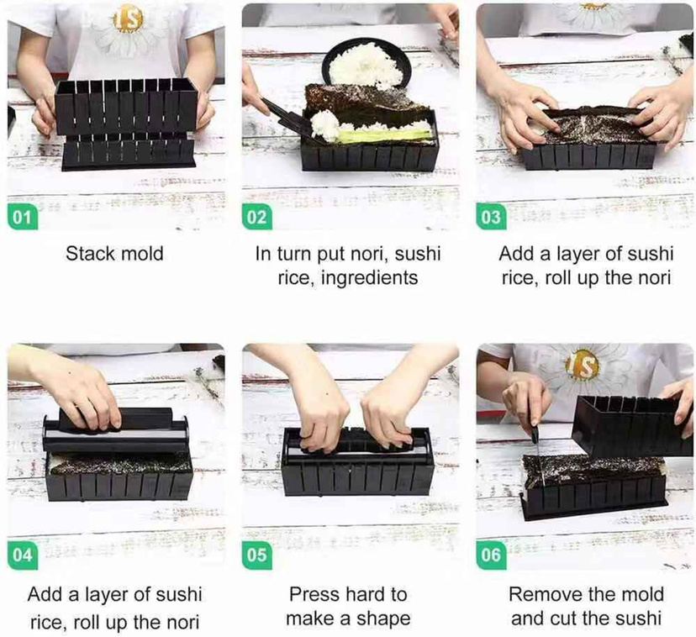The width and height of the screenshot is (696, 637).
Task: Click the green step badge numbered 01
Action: click(x=23, y=218)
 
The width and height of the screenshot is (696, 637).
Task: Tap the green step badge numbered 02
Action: click(x=257, y=218)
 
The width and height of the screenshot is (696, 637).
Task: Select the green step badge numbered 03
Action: click(x=491, y=218)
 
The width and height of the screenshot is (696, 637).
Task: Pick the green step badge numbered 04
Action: click(x=23, y=555)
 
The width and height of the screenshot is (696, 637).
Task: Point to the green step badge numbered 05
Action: click(x=257, y=555)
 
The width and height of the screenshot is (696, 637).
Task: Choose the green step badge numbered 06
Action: click(x=491, y=555)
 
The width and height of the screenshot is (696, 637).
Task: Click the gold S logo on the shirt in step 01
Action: click(x=128, y=20)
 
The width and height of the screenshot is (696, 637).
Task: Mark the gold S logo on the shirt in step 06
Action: click(x=583, y=365)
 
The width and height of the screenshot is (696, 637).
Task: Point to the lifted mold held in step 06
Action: click(x=630, y=426)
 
